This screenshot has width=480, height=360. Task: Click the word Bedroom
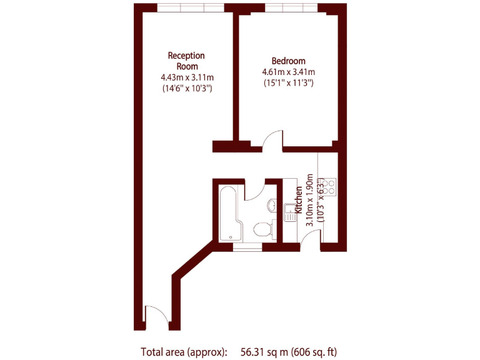(288, 61)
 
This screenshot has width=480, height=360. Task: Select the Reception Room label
(186, 61)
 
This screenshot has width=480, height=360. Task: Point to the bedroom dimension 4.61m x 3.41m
(288, 72)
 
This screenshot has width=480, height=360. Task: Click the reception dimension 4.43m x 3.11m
(187, 77)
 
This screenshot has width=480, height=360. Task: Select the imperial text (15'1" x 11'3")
(288, 82)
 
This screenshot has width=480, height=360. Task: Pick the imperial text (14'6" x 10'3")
(187, 89)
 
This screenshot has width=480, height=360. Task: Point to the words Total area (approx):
(184, 352)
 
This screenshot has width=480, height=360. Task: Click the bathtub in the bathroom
(228, 213)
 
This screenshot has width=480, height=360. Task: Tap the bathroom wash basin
(272, 205)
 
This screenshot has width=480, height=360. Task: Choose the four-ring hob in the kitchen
(329, 187)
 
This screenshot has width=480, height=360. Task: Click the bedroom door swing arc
(273, 141)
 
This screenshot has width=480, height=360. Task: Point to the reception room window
(190, 8)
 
